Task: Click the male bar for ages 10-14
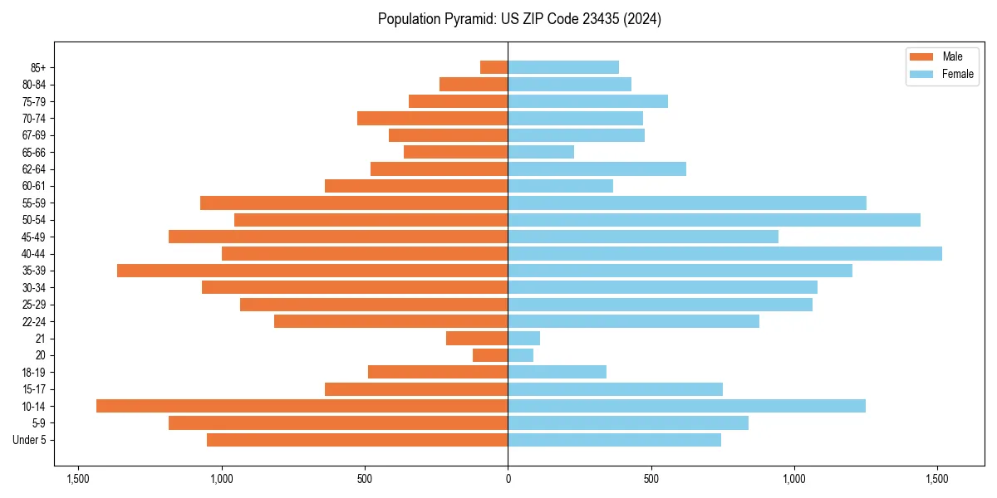tap(302, 406)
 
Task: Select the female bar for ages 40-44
tap(724, 253)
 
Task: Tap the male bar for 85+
tap(494, 67)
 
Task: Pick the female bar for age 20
tap(521, 355)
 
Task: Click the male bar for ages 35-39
tap(312, 271)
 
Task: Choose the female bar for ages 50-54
tap(714, 220)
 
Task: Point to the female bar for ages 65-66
tap(541, 152)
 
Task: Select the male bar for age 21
tap(477, 338)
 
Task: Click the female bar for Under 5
tap(614, 440)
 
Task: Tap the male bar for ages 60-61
tap(416, 186)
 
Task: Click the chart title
tap(519, 19)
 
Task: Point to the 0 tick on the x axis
tap(508, 479)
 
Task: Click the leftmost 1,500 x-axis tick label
tap(78, 479)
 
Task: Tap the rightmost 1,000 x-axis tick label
tap(794, 479)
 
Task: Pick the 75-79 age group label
tap(34, 101)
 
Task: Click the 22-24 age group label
tap(34, 321)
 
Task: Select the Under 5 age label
tap(30, 440)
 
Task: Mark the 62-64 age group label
tap(34, 168)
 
